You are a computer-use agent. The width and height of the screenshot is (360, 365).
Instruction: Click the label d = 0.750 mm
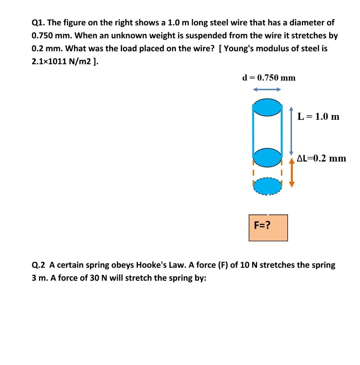(x=269, y=78)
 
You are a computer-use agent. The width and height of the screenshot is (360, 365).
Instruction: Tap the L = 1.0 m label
(x=319, y=117)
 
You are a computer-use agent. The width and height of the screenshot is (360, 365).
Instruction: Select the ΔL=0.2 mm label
(x=322, y=159)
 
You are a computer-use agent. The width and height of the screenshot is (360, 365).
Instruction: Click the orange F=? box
(x=268, y=228)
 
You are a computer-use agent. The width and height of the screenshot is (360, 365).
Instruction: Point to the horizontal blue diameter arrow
(x=267, y=89)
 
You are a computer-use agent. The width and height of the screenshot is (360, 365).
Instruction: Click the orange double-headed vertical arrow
(x=292, y=173)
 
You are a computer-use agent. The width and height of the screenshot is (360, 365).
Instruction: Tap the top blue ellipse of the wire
(x=267, y=107)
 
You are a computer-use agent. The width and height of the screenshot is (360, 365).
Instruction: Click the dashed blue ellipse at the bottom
(x=267, y=186)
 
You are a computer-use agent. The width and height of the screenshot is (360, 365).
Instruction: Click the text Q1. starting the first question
(x=38, y=23)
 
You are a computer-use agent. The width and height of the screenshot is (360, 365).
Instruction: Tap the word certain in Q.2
(x=70, y=265)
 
